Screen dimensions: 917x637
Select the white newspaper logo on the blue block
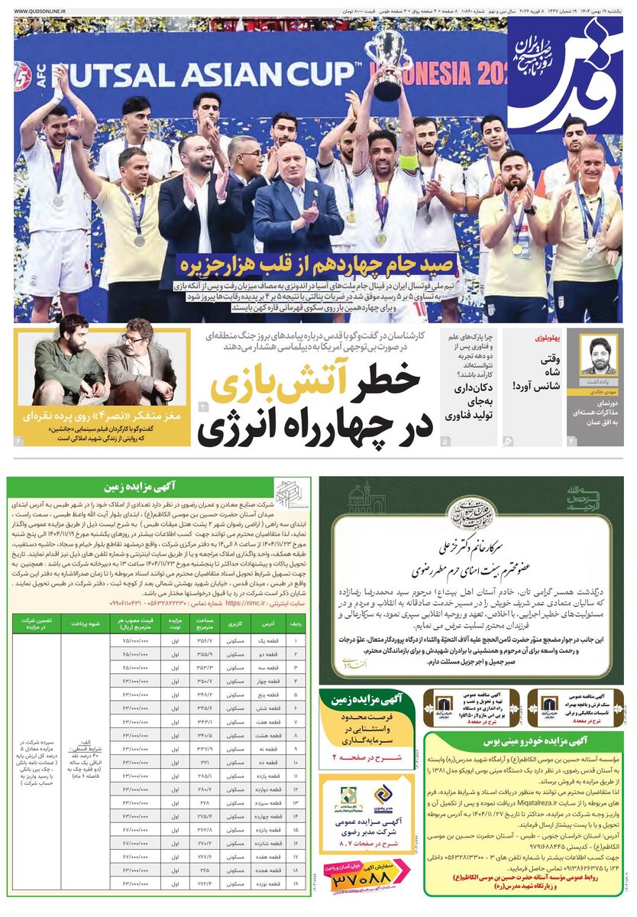point(564,73)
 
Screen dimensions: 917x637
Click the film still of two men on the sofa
point(103,361)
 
